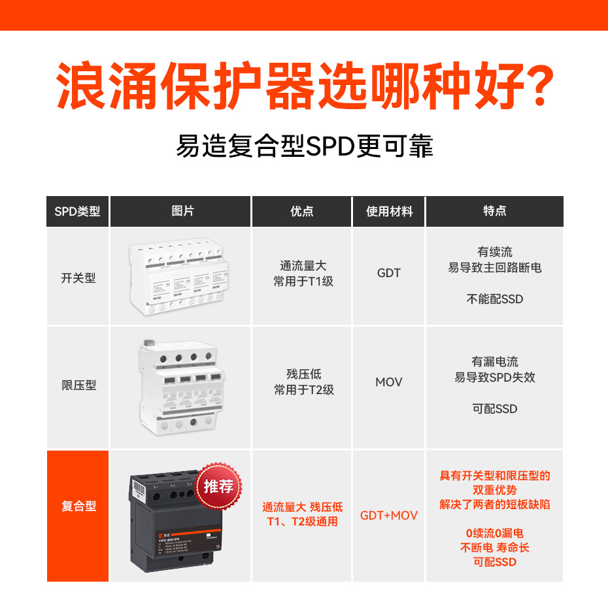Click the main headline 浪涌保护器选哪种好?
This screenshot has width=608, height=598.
pos(304,86)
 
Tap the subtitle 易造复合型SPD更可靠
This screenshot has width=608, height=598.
pos(304,146)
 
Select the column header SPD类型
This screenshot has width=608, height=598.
pos(78,212)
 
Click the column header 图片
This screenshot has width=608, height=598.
pos(181,212)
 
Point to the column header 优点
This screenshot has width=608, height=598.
pos(302,212)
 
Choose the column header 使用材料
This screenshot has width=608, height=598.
pos(389,212)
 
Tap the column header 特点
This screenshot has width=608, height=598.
pos(494,212)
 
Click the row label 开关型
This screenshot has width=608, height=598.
pos(78,278)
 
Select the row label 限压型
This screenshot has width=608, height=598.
pos(78,386)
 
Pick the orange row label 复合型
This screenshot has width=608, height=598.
pos(78,507)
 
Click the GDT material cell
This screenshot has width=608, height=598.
pos(389,273)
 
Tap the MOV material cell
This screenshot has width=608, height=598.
pos(389,382)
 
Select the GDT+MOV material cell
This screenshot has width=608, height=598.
pos(389,516)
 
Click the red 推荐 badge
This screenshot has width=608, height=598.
pos(218,487)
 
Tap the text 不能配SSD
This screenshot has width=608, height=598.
pos(495,299)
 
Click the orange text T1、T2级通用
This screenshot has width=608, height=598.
pos(303,522)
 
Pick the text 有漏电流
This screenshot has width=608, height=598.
pos(495,361)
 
